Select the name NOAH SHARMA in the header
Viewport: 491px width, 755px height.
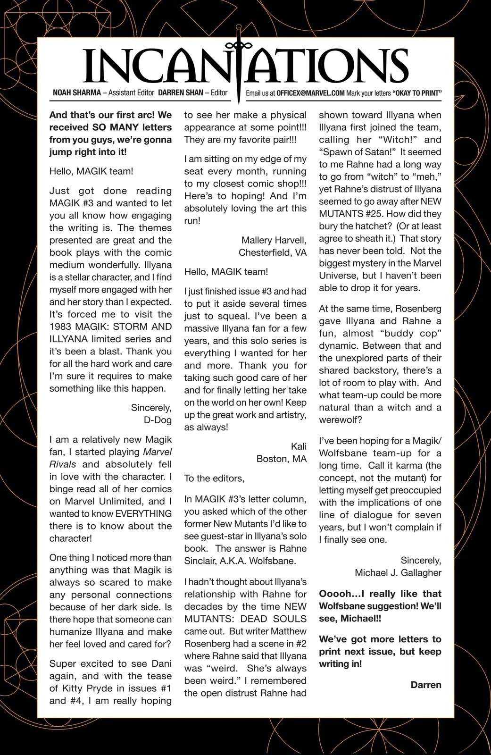click(77, 93)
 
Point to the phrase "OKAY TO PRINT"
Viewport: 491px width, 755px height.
click(416, 93)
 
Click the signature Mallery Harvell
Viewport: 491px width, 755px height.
click(274, 240)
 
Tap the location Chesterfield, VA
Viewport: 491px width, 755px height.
click(273, 252)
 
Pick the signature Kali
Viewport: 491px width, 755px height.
click(299, 446)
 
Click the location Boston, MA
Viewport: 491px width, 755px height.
click(282, 459)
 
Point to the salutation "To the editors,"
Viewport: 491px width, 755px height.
click(214, 478)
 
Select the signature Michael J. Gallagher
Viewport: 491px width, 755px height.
click(398, 573)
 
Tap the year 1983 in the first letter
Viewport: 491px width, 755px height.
click(61, 327)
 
